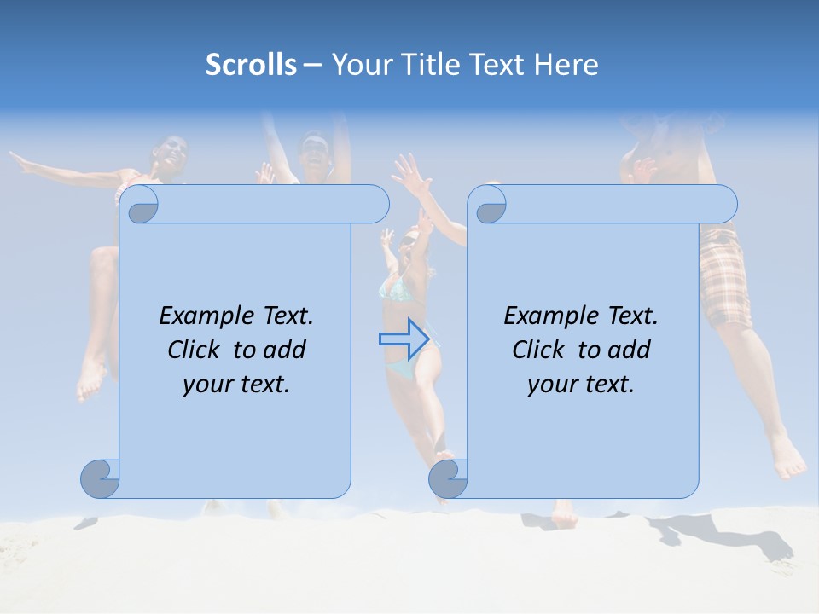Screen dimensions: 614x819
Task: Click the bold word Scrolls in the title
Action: [x=251, y=64]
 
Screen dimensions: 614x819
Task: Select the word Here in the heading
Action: [x=566, y=64]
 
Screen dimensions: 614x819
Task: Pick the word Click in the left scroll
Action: [x=193, y=350]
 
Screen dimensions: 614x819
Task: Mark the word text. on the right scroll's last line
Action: [x=608, y=385]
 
